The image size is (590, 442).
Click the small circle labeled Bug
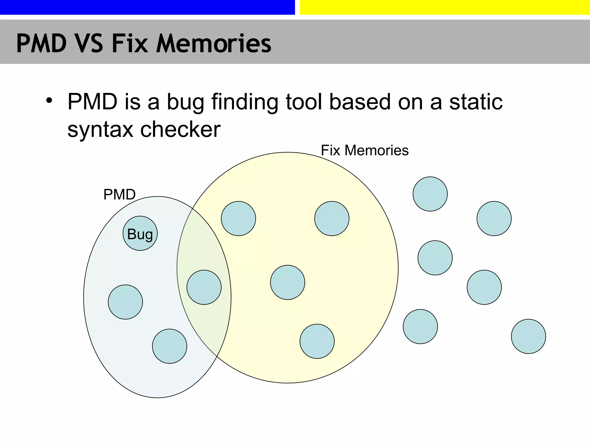140,233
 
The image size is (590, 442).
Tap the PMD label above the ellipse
119,195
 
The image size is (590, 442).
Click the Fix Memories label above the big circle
365,150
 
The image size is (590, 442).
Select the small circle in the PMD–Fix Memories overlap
204,287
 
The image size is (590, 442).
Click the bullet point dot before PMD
49,101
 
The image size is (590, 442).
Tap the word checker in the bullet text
180,129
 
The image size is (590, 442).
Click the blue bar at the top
147,7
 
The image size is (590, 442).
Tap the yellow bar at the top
445,7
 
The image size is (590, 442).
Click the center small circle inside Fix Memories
288,282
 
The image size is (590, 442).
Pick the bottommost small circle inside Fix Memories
317,341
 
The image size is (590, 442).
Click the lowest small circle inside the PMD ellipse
169,346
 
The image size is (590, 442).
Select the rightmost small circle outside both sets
528,336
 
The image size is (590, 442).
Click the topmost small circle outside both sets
430,194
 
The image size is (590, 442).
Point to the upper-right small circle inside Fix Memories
332,219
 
